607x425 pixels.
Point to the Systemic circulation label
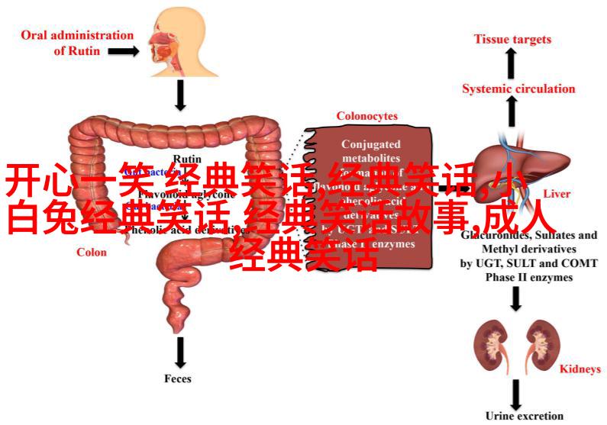pyautogui.click(x=518, y=89)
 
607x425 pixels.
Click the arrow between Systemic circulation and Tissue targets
pyautogui.click(x=511, y=63)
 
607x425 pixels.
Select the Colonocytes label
pyautogui.click(x=367, y=116)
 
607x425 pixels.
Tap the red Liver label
pyautogui.click(x=557, y=194)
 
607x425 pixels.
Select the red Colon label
pyautogui.click(x=91, y=252)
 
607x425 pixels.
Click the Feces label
pyautogui.click(x=178, y=378)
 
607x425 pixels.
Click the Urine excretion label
pyautogui.click(x=524, y=416)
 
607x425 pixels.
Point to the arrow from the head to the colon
pyautogui.click(x=181, y=95)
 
